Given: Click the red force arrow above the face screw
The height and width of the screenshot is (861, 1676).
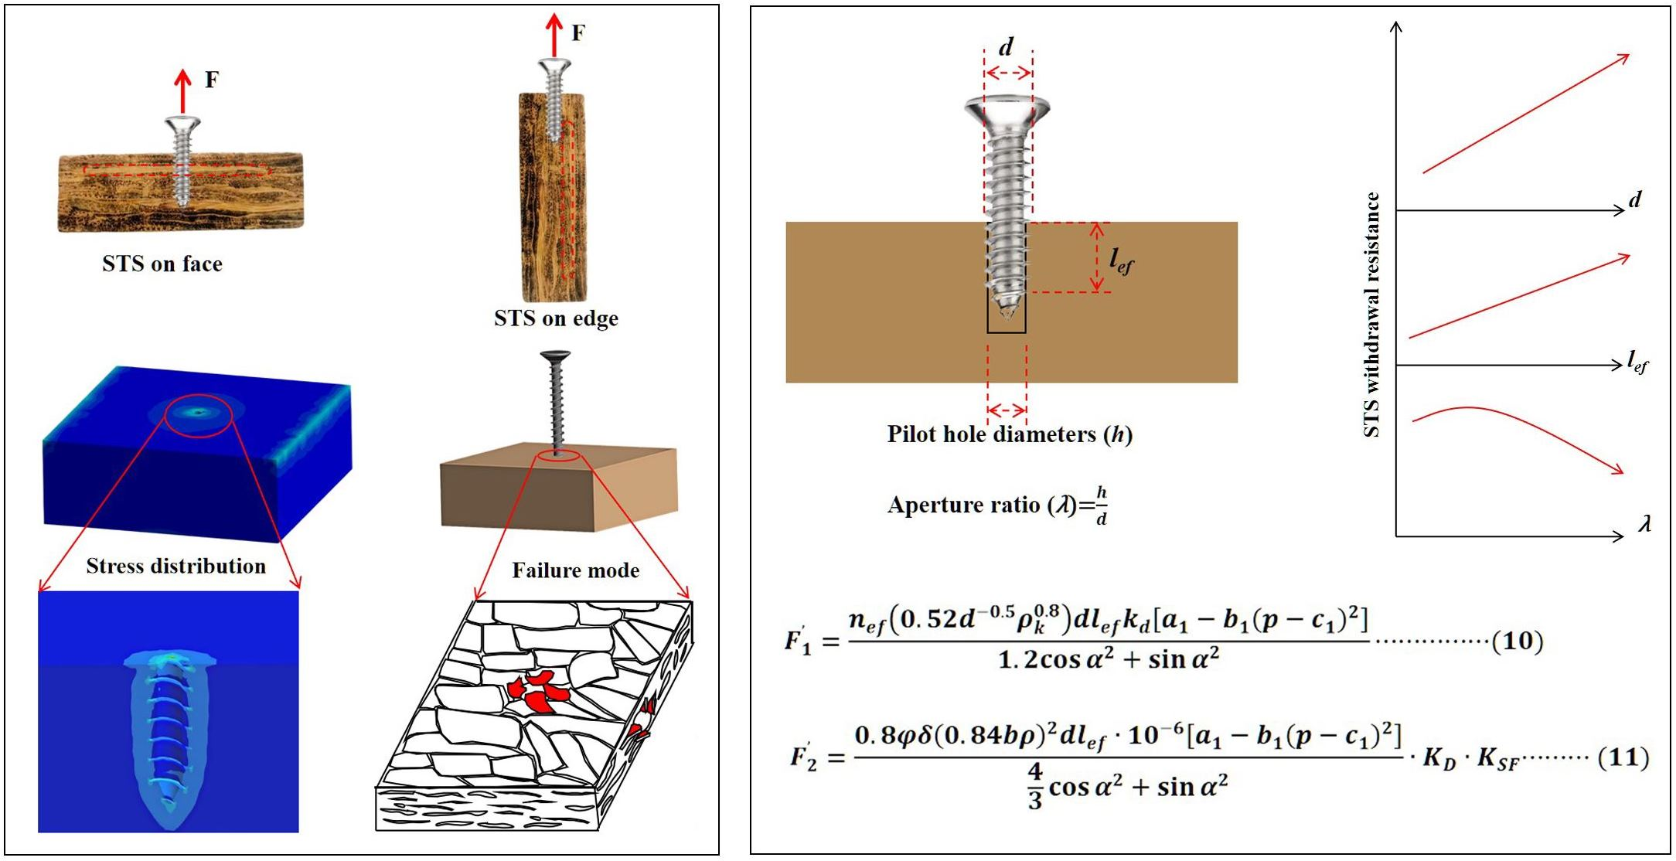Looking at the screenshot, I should (x=182, y=91).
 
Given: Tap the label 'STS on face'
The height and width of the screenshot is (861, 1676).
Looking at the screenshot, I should (x=162, y=264).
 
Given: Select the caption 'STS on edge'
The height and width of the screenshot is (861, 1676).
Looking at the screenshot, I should (x=556, y=318).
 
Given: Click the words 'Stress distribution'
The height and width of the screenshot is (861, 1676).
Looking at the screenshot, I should (x=175, y=567).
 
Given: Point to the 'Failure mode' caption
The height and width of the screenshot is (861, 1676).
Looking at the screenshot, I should (x=575, y=570).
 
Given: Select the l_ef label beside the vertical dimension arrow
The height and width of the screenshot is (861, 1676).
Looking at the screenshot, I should (x=1121, y=262).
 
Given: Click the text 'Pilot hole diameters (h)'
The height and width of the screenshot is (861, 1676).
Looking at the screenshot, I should (x=1009, y=434).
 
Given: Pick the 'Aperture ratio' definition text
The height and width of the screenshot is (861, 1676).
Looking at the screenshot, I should (x=997, y=506).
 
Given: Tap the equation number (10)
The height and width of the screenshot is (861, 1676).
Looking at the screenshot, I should (x=1517, y=641).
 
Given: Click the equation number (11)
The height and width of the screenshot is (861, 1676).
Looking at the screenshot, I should (x=1623, y=757).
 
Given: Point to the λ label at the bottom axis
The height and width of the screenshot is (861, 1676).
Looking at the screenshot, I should (x=1644, y=525).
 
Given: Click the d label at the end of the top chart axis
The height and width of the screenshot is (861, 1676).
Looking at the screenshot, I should (x=1634, y=201).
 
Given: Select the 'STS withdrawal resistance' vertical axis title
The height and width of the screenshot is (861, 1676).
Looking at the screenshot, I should (x=1372, y=315).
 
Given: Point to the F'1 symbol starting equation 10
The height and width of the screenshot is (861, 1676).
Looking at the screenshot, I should (x=798, y=642).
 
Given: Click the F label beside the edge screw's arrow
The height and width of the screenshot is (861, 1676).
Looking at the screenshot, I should (x=578, y=32).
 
